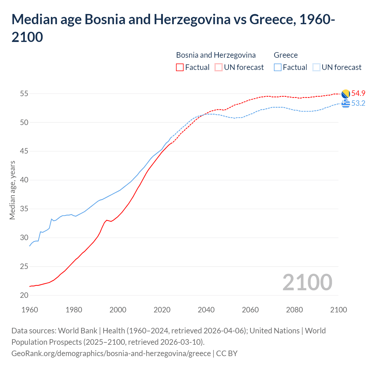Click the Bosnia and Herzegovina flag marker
pos(346,94)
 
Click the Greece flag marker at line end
pos(346,103)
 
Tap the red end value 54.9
pos(358,94)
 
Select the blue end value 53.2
pos(358,103)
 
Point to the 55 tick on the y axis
pos(24,94)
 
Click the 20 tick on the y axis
pos(24,295)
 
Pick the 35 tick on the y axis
pos(24,209)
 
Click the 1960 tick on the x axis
pos(30,310)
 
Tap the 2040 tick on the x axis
pos(206,310)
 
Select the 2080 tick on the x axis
pos(294,310)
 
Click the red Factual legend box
pos(180,67)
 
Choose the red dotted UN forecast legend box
pos(219,67)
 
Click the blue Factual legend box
pos(278,67)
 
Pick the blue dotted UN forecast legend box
pos(316,67)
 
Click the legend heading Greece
pos(286,55)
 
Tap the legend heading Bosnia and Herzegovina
pos(216,55)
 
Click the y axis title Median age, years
pos(12,190)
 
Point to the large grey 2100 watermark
pos(307,282)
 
